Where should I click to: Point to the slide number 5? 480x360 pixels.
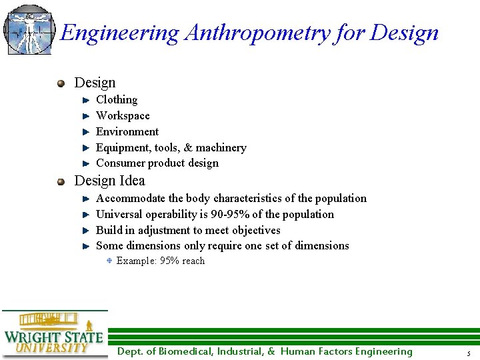point(469,353)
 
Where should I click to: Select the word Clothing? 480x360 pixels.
point(117,100)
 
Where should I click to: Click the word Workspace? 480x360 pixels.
point(123,116)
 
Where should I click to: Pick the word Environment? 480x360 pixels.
point(127,132)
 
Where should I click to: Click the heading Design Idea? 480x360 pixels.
point(109,181)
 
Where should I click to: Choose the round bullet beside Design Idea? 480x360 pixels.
point(61,181)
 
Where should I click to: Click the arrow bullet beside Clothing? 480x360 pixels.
point(85,101)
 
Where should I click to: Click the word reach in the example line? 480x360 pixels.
point(193,261)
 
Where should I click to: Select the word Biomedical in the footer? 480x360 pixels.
point(183,352)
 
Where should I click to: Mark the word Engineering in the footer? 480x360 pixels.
point(383,352)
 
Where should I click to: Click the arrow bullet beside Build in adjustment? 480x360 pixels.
point(85,231)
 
